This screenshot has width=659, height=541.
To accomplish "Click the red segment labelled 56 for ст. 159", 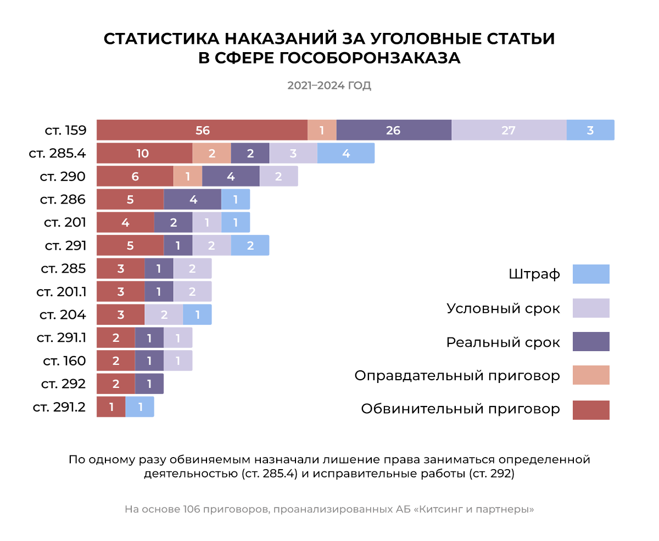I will [x=202, y=131].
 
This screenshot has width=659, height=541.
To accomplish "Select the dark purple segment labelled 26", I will [x=394, y=131].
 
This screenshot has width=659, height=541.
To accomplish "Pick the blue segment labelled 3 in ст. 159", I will [x=590, y=131].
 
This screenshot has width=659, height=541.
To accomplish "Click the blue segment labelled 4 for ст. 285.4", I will [x=346, y=154].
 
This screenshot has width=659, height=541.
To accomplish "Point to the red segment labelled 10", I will [x=144, y=154].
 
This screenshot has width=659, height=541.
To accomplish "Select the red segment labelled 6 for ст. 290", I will [x=135, y=177].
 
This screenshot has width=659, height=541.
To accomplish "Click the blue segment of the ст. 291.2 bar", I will [x=140, y=407].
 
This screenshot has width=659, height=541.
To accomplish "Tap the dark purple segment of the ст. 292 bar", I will [x=149, y=384].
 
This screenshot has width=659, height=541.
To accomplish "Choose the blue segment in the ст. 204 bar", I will [x=197, y=315].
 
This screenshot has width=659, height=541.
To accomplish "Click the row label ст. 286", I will [x=63, y=200].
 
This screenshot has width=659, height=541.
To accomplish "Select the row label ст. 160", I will [x=64, y=361].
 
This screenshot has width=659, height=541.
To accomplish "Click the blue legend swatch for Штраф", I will [x=591, y=274].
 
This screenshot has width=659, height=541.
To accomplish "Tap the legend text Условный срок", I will [x=503, y=308].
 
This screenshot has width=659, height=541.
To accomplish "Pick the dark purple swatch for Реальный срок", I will [x=591, y=341].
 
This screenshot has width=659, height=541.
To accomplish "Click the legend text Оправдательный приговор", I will [x=457, y=376].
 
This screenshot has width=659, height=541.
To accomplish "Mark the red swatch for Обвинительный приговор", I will [x=591, y=410].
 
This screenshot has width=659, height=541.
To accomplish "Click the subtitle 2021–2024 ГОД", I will [x=329, y=86].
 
